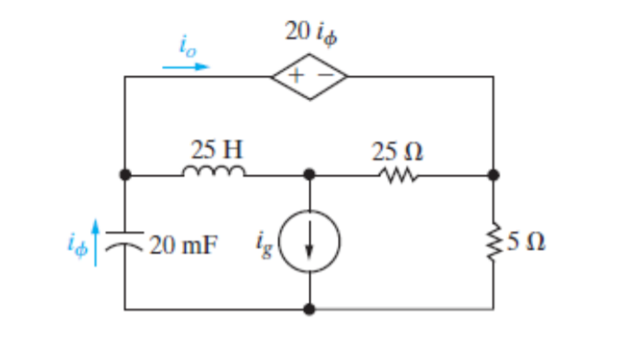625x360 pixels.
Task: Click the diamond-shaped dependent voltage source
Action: point(309,77)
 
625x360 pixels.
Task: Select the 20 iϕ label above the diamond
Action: point(311,33)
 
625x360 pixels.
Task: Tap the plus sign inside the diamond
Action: point(298,78)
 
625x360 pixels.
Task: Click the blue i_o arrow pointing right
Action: point(187,65)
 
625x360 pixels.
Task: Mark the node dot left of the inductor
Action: point(126,175)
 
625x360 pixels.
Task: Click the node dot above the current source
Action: point(309,175)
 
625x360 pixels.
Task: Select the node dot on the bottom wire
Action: point(309,309)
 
